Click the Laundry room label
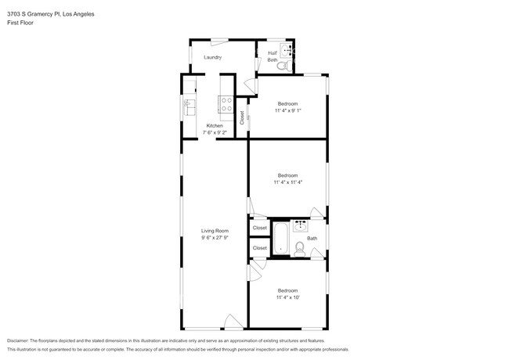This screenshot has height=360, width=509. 212,57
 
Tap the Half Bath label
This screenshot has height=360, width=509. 273,56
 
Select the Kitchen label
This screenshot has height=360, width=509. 215,125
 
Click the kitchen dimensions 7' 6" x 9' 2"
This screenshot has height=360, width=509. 215,132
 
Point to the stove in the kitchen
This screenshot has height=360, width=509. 225,102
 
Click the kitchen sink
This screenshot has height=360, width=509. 189,106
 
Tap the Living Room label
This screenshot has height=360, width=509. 215,230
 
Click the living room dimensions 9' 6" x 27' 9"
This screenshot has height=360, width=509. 215,237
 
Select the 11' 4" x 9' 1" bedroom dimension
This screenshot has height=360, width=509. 288,110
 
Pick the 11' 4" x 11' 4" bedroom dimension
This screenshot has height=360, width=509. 288,182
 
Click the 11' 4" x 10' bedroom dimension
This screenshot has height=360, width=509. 287,297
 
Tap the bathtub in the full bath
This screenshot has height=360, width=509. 280,238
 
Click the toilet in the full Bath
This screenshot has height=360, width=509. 298,249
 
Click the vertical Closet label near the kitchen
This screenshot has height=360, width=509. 242,117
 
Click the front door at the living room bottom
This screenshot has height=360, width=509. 232,322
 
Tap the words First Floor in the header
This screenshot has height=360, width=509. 21,23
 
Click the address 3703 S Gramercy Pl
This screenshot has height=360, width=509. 31,13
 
